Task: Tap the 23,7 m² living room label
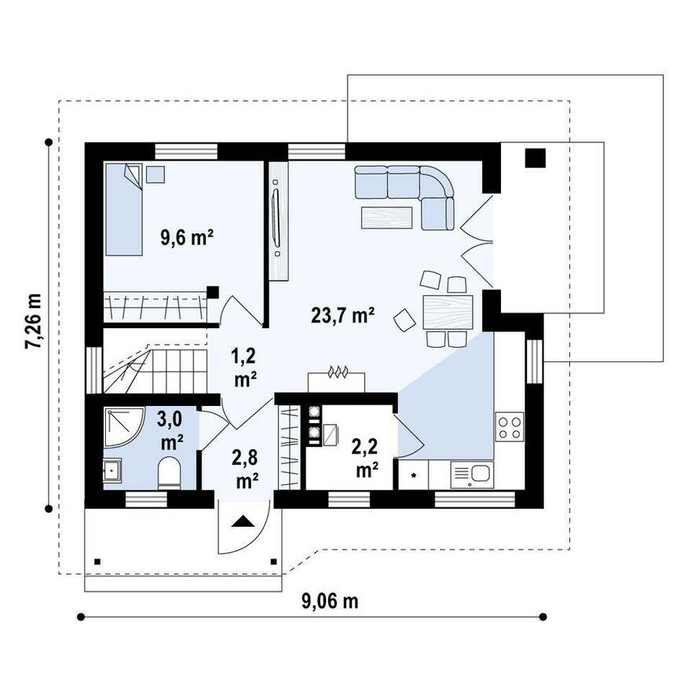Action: point(343,316)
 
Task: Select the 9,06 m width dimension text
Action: point(330,601)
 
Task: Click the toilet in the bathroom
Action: point(170,473)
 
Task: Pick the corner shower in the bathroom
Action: point(123,427)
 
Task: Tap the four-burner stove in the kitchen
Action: point(510,426)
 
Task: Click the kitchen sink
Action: point(472,474)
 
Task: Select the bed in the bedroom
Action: point(123,210)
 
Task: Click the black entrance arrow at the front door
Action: point(243,521)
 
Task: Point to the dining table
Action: point(448,313)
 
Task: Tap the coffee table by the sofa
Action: point(387,218)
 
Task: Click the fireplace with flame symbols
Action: point(337,381)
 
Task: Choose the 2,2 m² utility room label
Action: point(365,459)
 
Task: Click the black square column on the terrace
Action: point(536,158)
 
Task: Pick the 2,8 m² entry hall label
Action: point(246,470)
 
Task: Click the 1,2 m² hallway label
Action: point(244,367)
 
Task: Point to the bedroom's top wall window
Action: point(186,151)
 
